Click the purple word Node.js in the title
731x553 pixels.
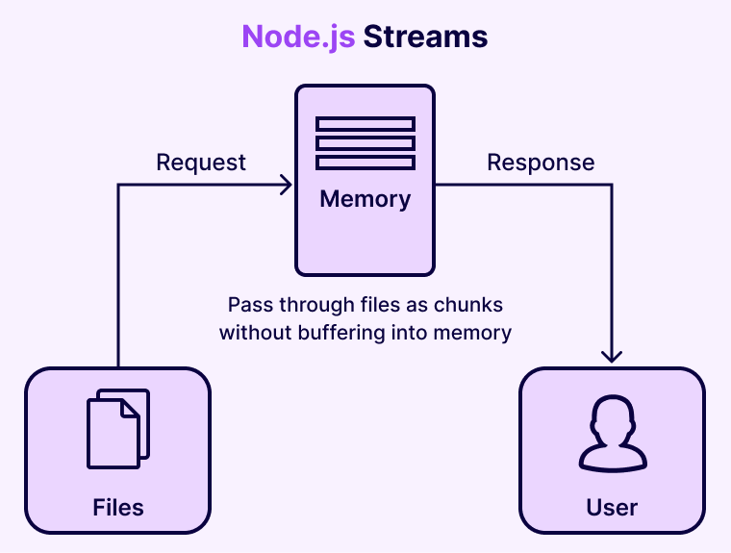[298, 37]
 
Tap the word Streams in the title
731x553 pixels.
[425, 37]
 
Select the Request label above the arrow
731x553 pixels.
[201, 163]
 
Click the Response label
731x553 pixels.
[541, 163]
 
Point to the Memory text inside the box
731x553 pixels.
[365, 199]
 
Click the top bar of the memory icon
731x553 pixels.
[365, 124]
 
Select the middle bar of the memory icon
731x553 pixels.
[365, 143]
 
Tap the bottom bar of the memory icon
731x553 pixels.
[365, 163]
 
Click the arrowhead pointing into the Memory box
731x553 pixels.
[286, 185]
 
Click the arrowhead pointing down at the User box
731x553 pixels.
[612, 356]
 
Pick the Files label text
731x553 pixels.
[118, 507]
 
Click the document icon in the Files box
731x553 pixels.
[118, 429]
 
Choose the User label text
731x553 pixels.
[612, 507]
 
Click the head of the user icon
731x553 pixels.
[612, 418]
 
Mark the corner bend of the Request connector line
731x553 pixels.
[118, 185]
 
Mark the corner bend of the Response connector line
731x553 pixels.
[612, 185]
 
